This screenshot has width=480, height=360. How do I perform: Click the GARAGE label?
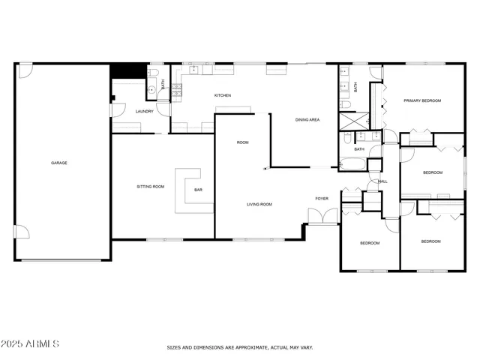pyautogui.click(x=59, y=163)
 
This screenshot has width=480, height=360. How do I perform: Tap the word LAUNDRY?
pyautogui.click(x=145, y=112)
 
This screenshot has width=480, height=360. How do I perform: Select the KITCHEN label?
pyautogui.click(x=223, y=95)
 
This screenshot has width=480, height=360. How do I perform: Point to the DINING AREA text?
pyautogui.click(x=307, y=119)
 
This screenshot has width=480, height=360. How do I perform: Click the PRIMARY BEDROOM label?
pyautogui.click(x=422, y=100)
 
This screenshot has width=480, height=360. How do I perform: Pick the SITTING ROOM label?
pyautogui.click(x=150, y=186)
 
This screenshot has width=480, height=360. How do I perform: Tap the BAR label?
pyautogui.click(x=199, y=190)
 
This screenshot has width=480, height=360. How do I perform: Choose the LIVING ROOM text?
pyautogui.click(x=259, y=204)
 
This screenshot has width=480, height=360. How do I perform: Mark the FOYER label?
pyautogui.click(x=322, y=199)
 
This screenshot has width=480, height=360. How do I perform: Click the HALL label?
pyautogui.click(x=382, y=181)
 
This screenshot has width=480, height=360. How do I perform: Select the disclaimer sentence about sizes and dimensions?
pyautogui.click(x=240, y=347)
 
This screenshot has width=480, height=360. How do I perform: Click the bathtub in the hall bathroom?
pyautogui.click(x=352, y=163)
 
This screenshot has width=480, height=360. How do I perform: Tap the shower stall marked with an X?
pyautogui.click(x=351, y=121)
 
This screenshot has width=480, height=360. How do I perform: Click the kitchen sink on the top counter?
pyautogui.click(x=194, y=70)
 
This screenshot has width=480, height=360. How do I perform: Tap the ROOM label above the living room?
pyautogui.click(x=243, y=142)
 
